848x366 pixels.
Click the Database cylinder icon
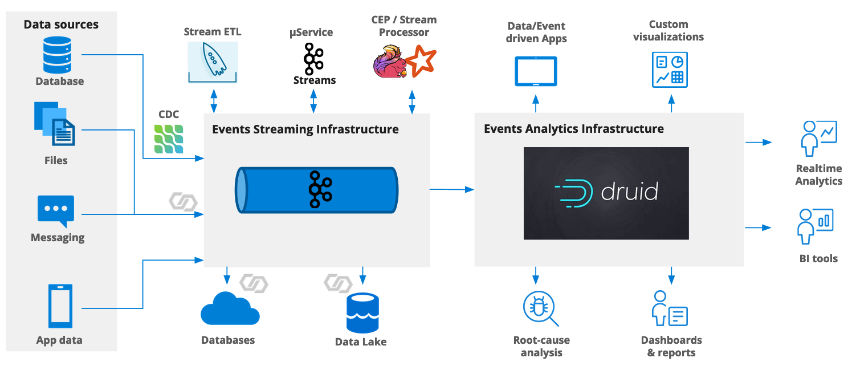click(57, 54)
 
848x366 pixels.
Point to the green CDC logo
click(169, 139)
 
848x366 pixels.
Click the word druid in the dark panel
click(630, 192)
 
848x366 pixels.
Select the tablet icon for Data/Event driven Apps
click(536, 71)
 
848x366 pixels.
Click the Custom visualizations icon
click(670, 70)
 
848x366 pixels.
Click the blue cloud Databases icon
click(230, 308)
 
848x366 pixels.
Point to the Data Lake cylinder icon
click(362, 313)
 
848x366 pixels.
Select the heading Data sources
click(61, 25)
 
